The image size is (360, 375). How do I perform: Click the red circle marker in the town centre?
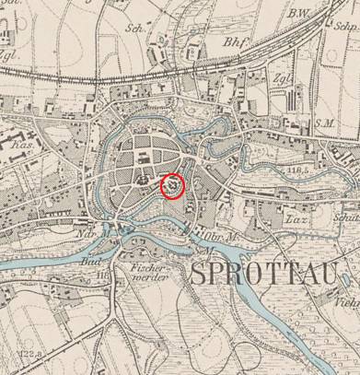pos(173,187)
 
